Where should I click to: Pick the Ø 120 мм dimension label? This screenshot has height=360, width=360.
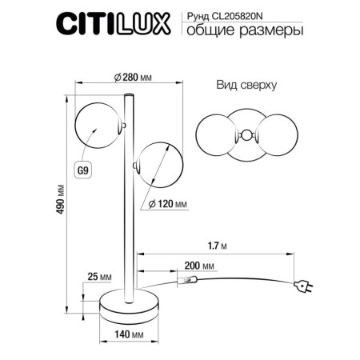[x=168, y=204]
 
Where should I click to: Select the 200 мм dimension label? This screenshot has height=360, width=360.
[x=199, y=265]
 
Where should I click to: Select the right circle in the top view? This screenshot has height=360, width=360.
[x=272, y=136]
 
